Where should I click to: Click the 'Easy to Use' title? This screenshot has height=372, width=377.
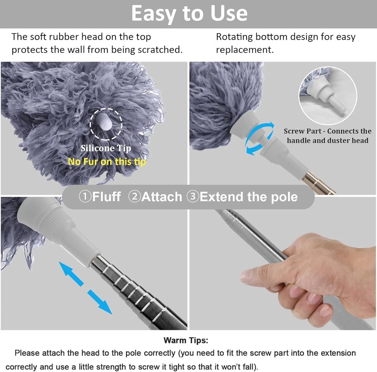tap(189, 14)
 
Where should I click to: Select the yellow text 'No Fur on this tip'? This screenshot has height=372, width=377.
tap(107, 162)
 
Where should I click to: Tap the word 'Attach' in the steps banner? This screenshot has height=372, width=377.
tap(161, 197)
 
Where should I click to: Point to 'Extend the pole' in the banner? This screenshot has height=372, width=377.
tap(248, 197)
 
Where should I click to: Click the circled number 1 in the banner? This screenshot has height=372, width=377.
tap(85, 197)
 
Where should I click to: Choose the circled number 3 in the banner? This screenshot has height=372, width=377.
tap(193, 197)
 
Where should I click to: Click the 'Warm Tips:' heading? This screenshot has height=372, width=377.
tap(185, 340)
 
